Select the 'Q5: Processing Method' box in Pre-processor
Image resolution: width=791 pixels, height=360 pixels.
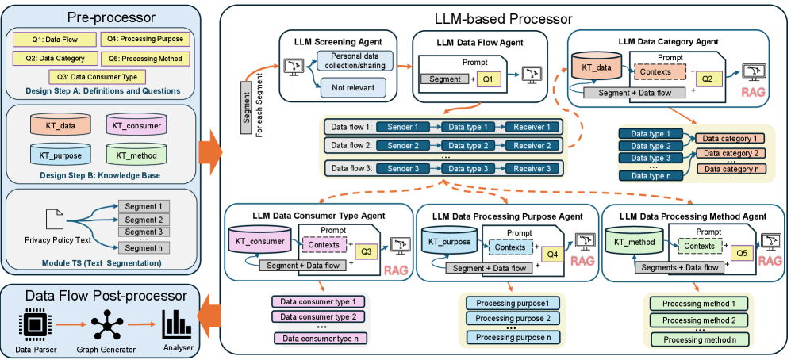pos(144,58)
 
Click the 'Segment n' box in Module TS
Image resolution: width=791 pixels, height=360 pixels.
pos(144,248)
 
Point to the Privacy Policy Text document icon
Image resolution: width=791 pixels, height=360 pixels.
pos(52,218)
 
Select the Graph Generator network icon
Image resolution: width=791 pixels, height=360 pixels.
pos(104,325)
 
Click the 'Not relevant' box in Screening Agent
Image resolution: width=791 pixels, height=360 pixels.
pos(349,86)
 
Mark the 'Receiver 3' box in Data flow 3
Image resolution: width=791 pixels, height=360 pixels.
pos(532,169)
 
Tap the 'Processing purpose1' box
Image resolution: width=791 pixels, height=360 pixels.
pos(513,303)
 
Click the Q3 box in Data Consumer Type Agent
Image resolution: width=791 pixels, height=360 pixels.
pos(366,251)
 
